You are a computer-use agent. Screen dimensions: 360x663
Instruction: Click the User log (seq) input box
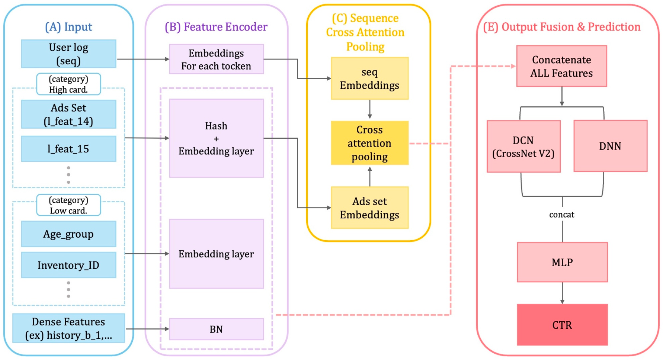click(68, 54)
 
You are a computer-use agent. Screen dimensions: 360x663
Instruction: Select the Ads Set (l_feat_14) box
click(68, 114)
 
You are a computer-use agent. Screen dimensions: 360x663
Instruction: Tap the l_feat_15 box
click(68, 149)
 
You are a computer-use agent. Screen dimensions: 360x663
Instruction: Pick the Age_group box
click(68, 234)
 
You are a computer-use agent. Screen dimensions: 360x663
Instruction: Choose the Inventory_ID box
click(68, 265)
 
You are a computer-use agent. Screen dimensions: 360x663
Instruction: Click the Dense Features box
click(68, 328)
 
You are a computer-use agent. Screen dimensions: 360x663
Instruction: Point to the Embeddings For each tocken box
click(216, 59)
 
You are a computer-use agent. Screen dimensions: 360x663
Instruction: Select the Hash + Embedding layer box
click(216, 138)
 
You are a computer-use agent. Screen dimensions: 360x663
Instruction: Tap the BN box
click(216, 329)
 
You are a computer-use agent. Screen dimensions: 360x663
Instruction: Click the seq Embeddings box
click(369, 78)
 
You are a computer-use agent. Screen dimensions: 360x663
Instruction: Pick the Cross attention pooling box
click(369, 143)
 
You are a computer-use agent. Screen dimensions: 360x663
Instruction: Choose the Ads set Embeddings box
click(369, 208)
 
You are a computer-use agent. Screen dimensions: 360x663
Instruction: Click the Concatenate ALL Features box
click(561, 66)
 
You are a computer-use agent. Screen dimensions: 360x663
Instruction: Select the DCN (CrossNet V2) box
click(523, 147)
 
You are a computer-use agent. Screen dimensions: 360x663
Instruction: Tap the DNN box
click(610, 146)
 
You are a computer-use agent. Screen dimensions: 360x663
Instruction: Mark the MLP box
click(562, 262)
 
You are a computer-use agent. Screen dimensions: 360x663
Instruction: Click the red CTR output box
click(562, 325)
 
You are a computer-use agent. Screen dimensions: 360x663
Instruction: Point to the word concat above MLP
click(561, 215)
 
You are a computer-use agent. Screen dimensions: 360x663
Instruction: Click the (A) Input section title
click(68, 27)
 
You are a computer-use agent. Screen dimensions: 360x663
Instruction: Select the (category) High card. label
click(68, 84)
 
